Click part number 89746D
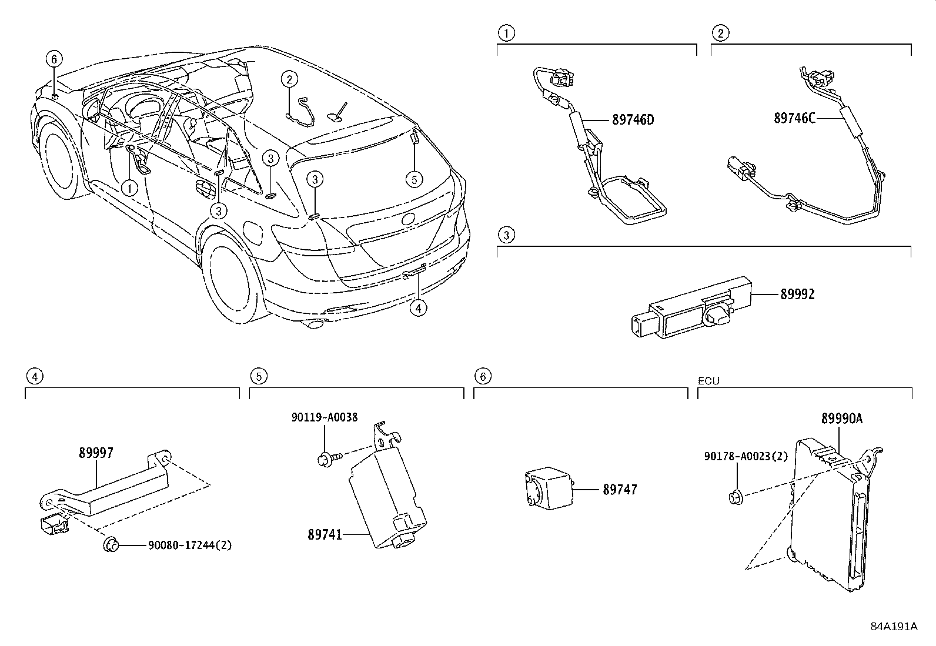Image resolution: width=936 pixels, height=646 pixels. point(633,120)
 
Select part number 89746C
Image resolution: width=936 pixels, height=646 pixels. point(794,118)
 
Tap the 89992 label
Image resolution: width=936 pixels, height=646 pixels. point(797,294)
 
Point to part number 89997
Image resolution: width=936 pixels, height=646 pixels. point(96,453)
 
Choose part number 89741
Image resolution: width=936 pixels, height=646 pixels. point(325,535)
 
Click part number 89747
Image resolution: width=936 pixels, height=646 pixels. point(619,489)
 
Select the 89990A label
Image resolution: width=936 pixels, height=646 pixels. point(841,419)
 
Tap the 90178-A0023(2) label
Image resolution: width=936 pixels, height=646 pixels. point(746,456)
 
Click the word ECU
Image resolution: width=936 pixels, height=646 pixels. point(708,381)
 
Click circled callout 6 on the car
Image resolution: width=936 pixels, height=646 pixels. point(54,59)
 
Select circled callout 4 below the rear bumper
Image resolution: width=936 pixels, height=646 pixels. point(417,307)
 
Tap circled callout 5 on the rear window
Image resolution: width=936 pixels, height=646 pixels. point(414,179)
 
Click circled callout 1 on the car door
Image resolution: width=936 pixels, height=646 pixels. point(129,188)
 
